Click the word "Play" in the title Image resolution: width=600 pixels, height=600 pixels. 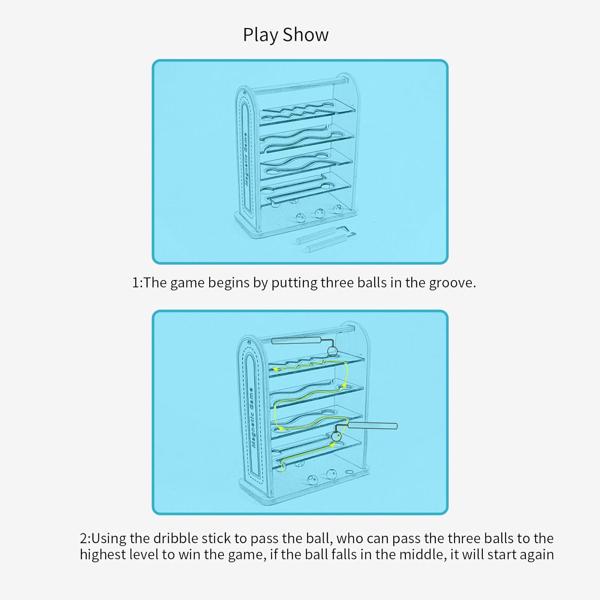coord(260,35)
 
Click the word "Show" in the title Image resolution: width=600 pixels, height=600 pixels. coord(306,35)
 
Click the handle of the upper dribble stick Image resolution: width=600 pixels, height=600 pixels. coord(296,340)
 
